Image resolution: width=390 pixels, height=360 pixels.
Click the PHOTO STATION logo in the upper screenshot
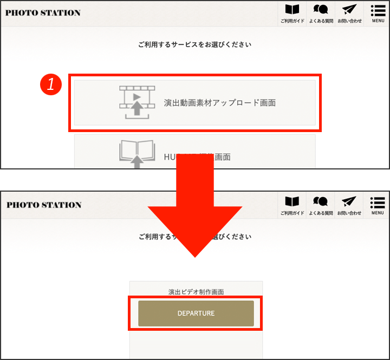pyautogui.click(x=43, y=12)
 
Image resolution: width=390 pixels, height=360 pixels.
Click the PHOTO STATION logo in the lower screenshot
pyautogui.click(x=44, y=205)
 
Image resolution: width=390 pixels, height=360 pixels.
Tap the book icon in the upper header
pyautogui.click(x=292, y=10)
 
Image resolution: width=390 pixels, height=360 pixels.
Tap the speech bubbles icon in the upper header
pyautogui.click(x=321, y=10)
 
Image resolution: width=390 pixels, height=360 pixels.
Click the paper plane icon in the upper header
pyautogui.click(x=349, y=10)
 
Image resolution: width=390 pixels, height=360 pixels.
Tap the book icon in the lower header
pyautogui.click(x=292, y=202)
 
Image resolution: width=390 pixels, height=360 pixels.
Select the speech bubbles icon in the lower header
pyautogui.click(x=321, y=202)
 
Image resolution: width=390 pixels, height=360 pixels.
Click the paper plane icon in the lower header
pyautogui.click(x=349, y=202)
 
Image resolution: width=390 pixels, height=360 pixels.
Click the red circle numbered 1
pyautogui.click(x=51, y=84)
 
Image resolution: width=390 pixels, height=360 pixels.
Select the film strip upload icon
pyautogui.click(x=137, y=102)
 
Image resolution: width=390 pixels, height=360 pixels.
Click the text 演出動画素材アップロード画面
pyautogui.click(x=219, y=102)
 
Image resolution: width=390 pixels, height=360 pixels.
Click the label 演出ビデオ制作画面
pyautogui.click(x=196, y=292)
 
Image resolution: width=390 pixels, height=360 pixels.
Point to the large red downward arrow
pyautogui.click(x=195, y=217)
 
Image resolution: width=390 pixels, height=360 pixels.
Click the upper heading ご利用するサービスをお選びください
pyautogui.click(x=195, y=44)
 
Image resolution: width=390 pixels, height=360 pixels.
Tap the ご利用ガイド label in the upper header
pyautogui.click(x=292, y=21)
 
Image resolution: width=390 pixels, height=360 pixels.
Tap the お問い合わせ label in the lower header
pyautogui.click(x=349, y=213)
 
